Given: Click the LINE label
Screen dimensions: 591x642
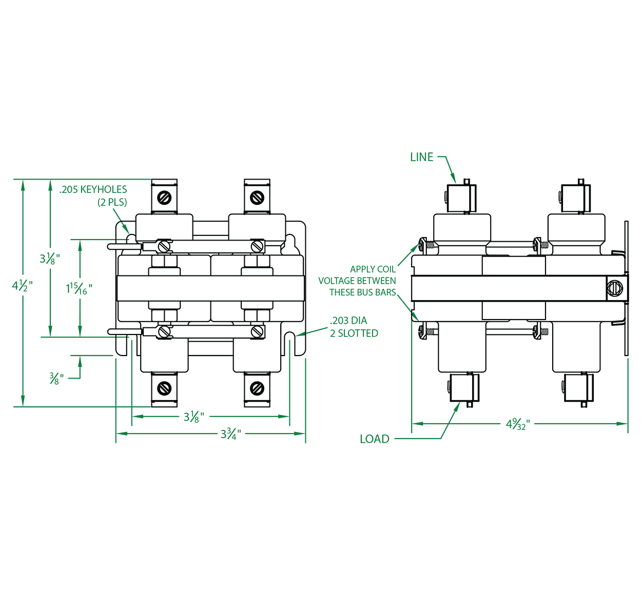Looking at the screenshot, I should pyautogui.click(x=421, y=157).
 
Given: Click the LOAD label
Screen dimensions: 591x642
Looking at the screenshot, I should pyautogui.click(x=374, y=439).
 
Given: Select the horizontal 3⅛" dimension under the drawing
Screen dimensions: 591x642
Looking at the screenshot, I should pyautogui.click(x=193, y=417).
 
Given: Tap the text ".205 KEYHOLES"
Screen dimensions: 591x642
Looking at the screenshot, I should pyautogui.click(x=93, y=190).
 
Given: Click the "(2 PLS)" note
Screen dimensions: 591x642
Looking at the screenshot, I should pyautogui.click(x=112, y=202).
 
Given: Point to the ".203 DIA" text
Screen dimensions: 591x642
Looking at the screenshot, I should pyautogui.click(x=348, y=321).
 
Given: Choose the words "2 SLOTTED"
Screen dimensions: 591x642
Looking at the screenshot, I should pyautogui.click(x=354, y=333).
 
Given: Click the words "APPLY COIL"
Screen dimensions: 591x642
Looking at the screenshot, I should pyautogui.click(x=373, y=269).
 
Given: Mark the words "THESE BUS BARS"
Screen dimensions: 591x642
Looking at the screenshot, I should pyautogui.click(x=362, y=292).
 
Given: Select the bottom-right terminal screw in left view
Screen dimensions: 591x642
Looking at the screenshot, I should pyautogui.click(x=257, y=388).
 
